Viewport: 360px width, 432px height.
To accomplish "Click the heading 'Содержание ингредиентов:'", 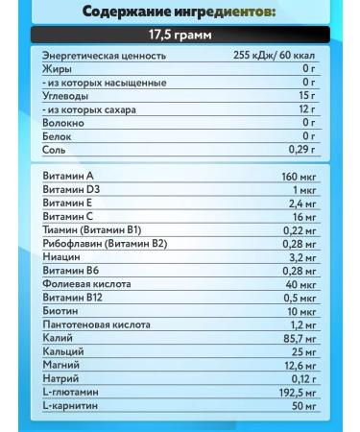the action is pyautogui.click(x=180, y=12).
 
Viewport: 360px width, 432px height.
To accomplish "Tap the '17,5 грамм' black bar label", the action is pyautogui.click(x=180, y=36).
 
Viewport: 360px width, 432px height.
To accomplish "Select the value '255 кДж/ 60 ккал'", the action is pyautogui.click(x=274, y=56).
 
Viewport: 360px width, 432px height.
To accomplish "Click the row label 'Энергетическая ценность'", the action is pyautogui.click(x=105, y=56).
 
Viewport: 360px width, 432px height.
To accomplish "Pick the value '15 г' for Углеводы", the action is pyautogui.click(x=306, y=96).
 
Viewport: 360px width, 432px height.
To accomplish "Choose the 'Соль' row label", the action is pyautogui.click(x=55, y=150).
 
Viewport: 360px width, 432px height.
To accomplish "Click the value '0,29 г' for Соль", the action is pyautogui.click(x=300, y=150).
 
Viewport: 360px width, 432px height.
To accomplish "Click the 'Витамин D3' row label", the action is pyautogui.click(x=72, y=190).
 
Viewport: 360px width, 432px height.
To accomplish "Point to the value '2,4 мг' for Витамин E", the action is pyautogui.click(x=301, y=204).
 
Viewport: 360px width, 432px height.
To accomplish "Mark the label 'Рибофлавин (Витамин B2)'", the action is pyautogui.click(x=105, y=244).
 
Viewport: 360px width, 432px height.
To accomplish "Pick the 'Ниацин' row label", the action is pyautogui.click(x=61, y=257).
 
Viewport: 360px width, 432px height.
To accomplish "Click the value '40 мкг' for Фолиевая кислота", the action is pyautogui.click(x=300, y=284).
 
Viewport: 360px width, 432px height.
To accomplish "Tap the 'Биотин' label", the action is pyautogui.click(x=60, y=311).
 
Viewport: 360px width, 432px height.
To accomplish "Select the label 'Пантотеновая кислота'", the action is pyautogui.click(x=96, y=324).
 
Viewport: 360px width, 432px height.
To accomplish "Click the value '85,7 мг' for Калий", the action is pyautogui.click(x=299, y=338).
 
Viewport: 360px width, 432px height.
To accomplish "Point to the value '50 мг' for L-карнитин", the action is pyautogui.click(x=303, y=405).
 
